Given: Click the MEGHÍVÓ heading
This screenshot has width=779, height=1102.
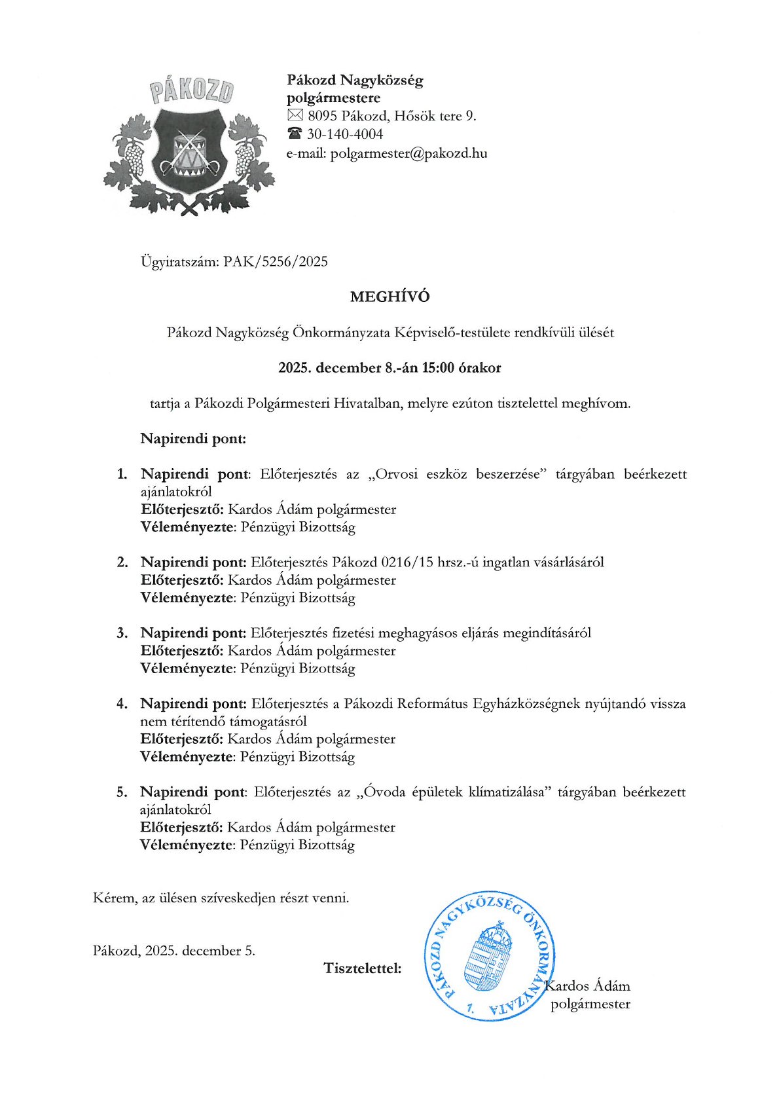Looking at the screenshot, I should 389,297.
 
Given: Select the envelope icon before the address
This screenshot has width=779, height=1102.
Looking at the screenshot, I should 295,116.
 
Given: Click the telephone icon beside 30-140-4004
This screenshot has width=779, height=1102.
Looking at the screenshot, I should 295,134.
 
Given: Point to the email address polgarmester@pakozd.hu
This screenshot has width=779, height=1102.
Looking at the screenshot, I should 408,153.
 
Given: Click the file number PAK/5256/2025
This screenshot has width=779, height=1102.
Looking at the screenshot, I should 275,262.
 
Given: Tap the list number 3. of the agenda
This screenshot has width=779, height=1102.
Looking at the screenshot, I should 122,633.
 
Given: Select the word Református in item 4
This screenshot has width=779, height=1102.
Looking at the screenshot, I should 433,703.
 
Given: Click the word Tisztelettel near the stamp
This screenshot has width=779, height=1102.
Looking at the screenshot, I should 362,968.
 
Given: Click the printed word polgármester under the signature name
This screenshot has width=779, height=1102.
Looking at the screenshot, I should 590,1004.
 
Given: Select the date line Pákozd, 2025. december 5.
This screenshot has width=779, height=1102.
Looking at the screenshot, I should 174,950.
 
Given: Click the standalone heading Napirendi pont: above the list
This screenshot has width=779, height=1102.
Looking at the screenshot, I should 193,438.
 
